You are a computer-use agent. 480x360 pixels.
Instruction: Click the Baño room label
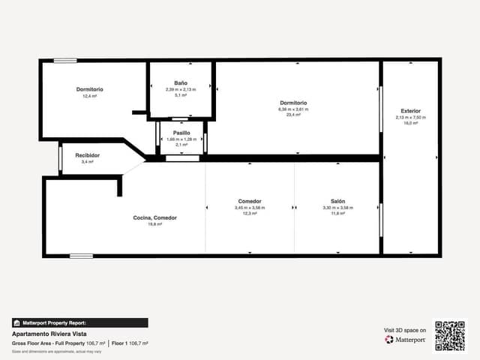(181, 82)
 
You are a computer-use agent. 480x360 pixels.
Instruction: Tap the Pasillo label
(181, 132)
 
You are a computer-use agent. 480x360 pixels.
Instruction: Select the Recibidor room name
(88, 155)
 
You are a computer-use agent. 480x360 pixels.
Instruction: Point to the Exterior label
(410, 111)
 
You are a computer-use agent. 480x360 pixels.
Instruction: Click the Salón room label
(337, 201)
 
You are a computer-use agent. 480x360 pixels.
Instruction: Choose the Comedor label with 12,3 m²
(250, 201)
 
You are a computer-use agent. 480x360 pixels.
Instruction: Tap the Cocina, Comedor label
(155, 217)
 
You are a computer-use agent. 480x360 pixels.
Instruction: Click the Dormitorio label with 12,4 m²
(90, 89)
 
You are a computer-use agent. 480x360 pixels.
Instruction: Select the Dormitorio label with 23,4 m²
(293, 103)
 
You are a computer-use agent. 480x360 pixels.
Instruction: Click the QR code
(450, 336)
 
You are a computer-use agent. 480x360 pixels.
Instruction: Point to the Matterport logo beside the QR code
(406, 340)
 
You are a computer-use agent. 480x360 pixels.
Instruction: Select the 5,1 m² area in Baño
(181, 95)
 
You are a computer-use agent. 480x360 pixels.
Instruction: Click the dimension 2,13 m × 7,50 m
(410, 118)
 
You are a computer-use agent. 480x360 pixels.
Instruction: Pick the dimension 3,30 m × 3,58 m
(337, 208)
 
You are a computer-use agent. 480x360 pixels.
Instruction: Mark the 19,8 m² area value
(155, 224)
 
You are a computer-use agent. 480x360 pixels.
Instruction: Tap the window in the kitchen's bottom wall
(81, 256)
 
